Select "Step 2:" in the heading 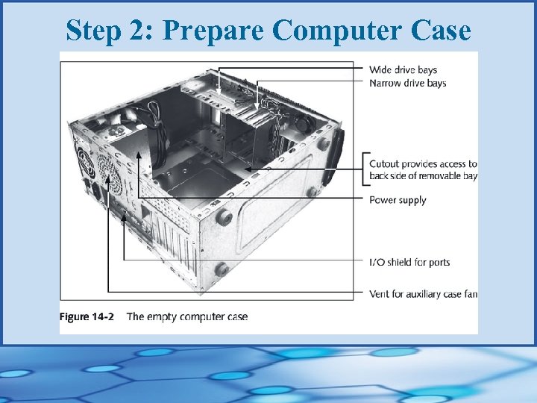click(x=110, y=31)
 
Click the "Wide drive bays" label click(x=403, y=70)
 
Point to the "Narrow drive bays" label click(x=407, y=83)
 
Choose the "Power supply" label click(x=398, y=200)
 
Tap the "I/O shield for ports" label click(x=409, y=262)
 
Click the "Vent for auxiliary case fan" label click(x=423, y=294)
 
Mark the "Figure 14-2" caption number click(x=87, y=316)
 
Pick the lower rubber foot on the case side click(x=221, y=270)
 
